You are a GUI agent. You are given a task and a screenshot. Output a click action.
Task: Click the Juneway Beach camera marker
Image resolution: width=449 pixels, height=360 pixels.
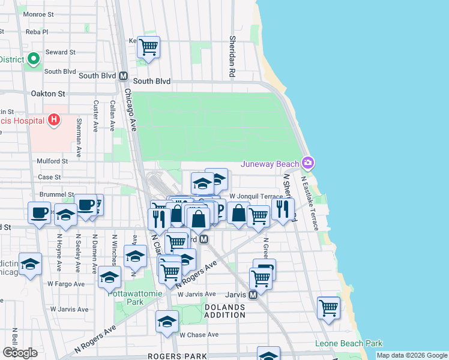pyautogui.click(x=308, y=163)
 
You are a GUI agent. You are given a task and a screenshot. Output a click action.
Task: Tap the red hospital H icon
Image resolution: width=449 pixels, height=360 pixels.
pyautogui.click(x=55, y=120)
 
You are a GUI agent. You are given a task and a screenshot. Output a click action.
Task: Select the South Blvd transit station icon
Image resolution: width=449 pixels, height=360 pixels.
pyautogui.click(x=124, y=76)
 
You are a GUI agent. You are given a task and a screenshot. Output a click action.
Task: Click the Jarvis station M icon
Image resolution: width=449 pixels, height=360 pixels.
pyautogui.click(x=253, y=295)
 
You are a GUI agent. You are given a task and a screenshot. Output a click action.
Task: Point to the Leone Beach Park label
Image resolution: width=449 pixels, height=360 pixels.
pyautogui.click(x=349, y=344)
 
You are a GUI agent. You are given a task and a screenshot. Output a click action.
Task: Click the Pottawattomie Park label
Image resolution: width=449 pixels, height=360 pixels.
pyautogui.click(x=125, y=298)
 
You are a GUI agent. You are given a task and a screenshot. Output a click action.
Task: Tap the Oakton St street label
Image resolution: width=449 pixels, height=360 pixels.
pyautogui.click(x=47, y=94)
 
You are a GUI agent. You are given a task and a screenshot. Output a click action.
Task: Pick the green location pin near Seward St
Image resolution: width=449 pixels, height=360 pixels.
pyautogui.click(x=33, y=59)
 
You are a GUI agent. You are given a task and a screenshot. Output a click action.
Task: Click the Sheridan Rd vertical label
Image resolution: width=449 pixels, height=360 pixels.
pyautogui.click(x=232, y=56)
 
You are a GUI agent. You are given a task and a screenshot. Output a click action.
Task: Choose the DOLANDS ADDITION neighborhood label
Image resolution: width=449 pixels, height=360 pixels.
pyautogui.click(x=225, y=311)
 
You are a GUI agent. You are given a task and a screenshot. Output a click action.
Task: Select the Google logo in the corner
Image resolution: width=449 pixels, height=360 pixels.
pyautogui.click(x=20, y=352)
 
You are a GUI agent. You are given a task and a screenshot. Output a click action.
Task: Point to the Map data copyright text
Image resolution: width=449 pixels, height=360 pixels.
pyautogui.click(x=412, y=355)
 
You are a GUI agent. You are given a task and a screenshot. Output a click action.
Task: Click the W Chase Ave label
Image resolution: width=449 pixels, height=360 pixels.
pyautogui.click(x=199, y=335)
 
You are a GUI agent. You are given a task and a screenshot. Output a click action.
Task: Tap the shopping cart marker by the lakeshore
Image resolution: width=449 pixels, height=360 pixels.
pyautogui.click(x=328, y=308)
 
